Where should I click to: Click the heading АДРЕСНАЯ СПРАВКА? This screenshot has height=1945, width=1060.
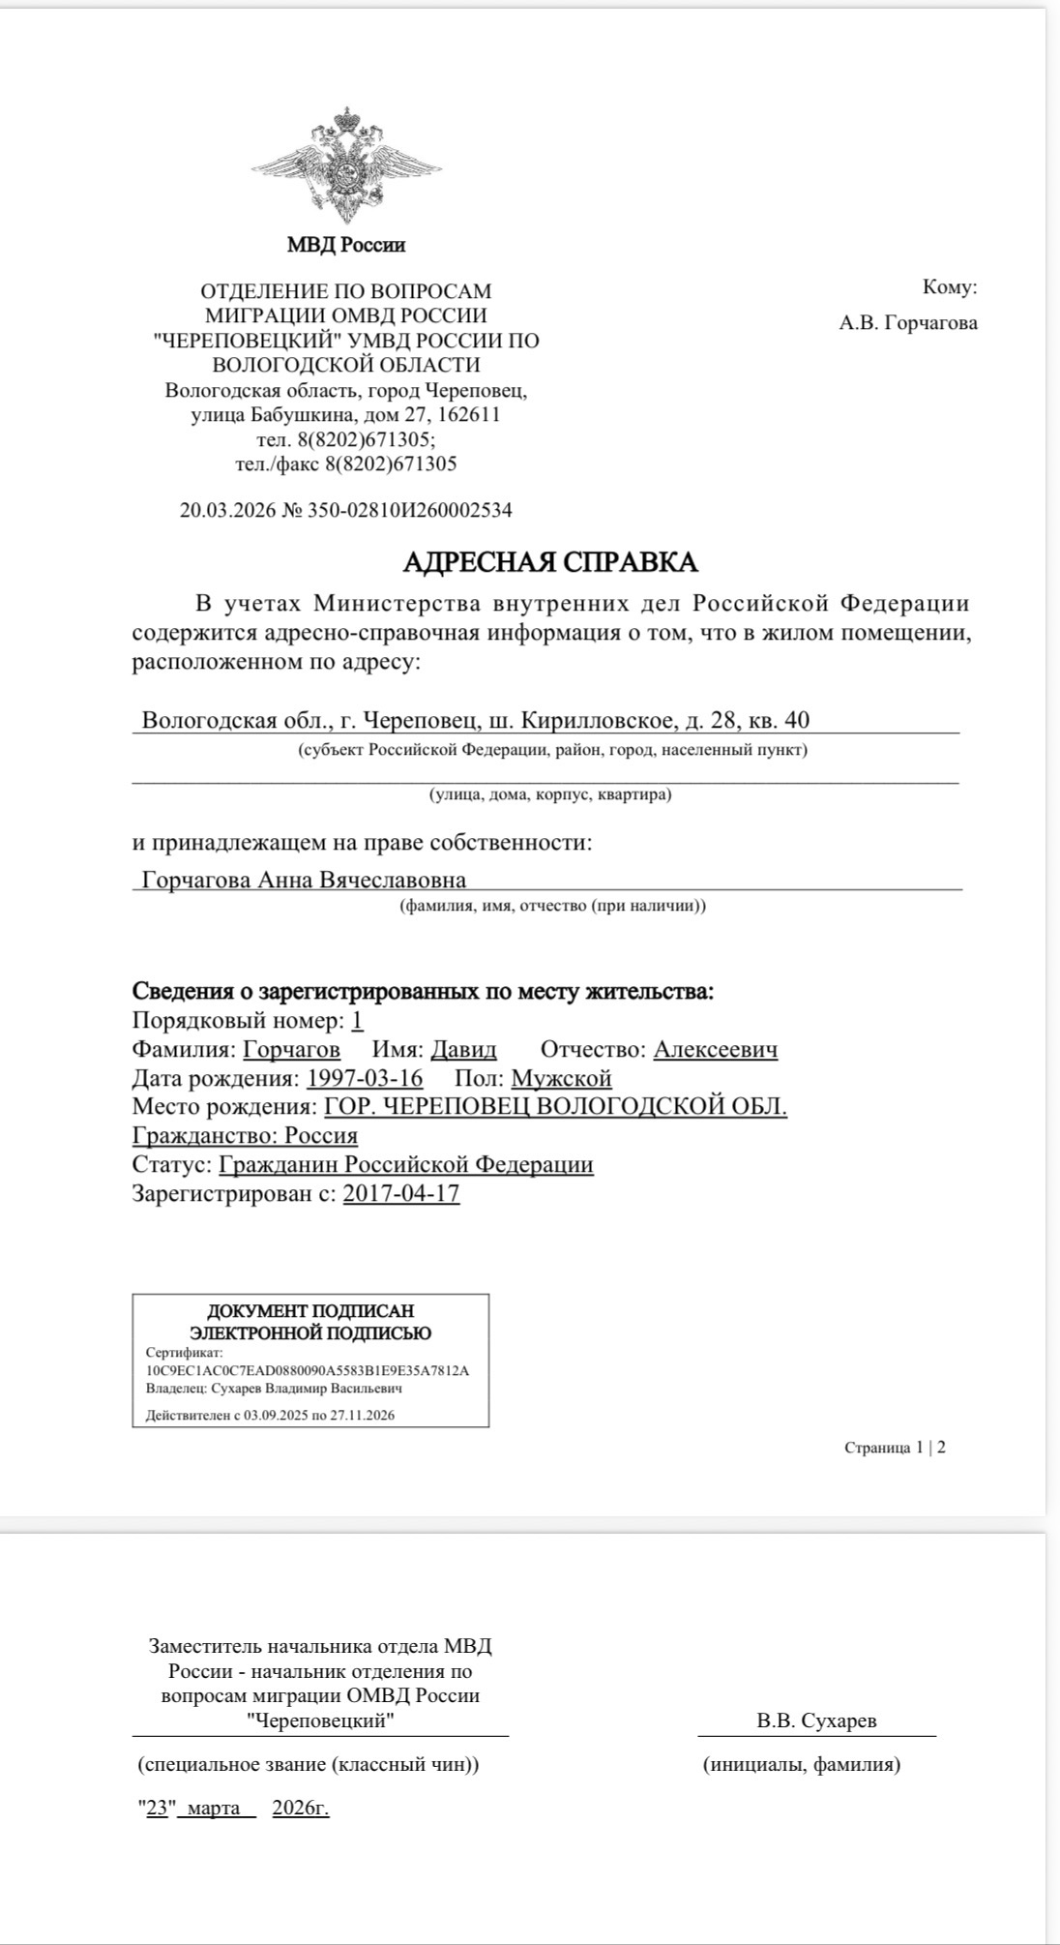click(x=549, y=562)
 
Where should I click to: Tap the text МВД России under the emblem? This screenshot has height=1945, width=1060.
click(x=346, y=245)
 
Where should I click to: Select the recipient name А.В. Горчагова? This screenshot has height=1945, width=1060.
click(x=908, y=323)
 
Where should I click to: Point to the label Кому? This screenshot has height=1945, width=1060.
click(x=950, y=287)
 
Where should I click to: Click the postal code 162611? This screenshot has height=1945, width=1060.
click(x=469, y=415)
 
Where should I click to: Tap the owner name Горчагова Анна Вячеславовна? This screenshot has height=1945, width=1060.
click(x=304, y=881)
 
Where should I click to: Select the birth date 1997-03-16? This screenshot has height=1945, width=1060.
click(x=365, y=1078)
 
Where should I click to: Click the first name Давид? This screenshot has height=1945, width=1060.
click(x=463, y=1050)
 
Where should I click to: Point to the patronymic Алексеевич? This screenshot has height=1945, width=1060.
click(x=716, y=1050)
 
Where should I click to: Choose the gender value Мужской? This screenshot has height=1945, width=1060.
click(x=561, y=1078)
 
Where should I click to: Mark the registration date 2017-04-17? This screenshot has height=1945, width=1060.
click(x=401, y=1193)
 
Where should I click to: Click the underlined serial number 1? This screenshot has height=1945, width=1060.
click(x=358, y=1021)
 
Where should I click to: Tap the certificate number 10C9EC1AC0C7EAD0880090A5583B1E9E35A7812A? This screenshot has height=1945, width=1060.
click(x=308, y=1371)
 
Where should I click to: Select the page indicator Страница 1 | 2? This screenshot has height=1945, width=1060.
click(x=895, y=1448)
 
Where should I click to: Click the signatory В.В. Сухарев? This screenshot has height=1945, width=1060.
click(x=817, y=1721)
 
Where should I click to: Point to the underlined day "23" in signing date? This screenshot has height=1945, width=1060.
click(x=158, y=1809)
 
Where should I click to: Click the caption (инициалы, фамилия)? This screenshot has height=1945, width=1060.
click(x=802, y=1764)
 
